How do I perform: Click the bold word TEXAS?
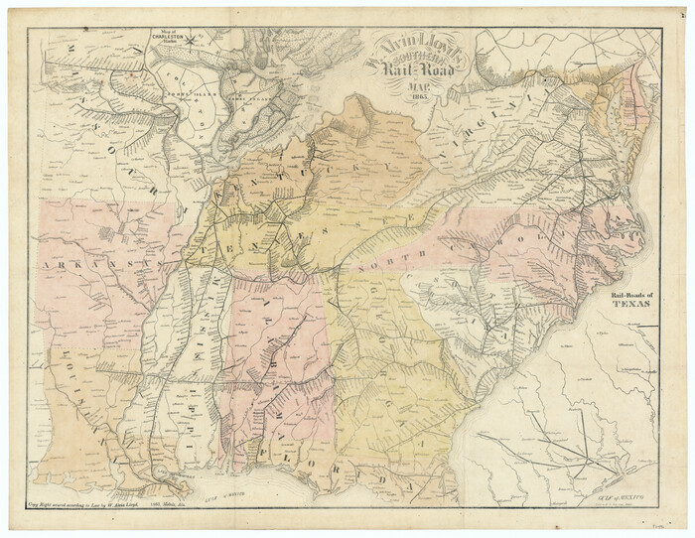[631, 306]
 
